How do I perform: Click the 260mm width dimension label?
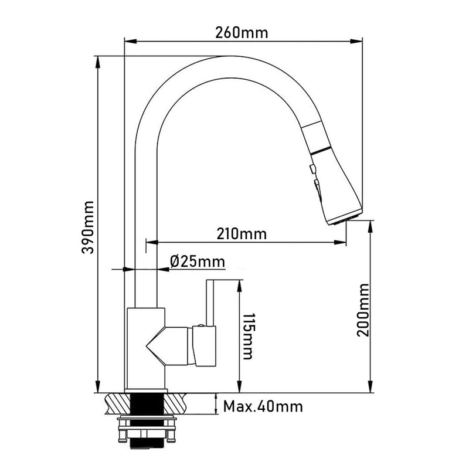(x=242, y=33)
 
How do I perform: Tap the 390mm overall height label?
(x=88, y=227)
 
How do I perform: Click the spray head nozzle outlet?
(x=345, y=219)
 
